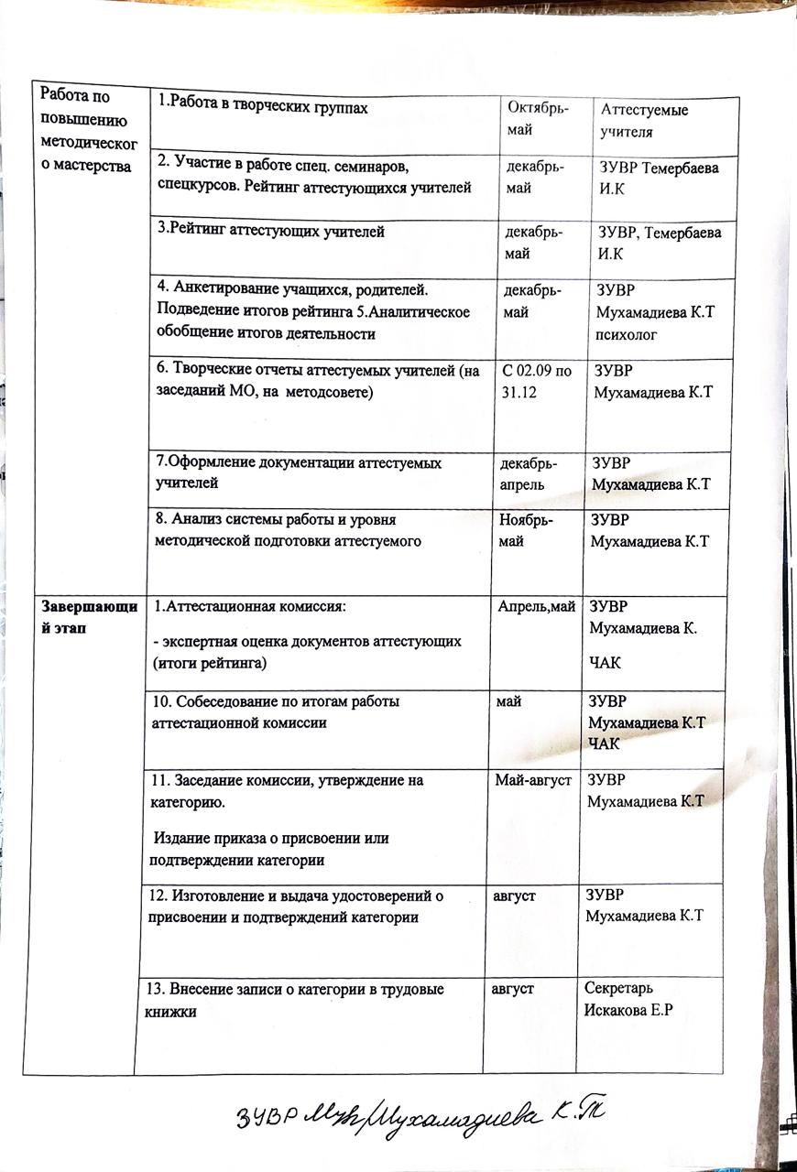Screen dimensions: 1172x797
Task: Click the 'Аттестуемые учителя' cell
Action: [x=644, y=121]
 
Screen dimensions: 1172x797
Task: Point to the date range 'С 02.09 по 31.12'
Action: [x=538, y=382]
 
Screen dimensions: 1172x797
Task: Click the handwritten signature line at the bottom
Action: [x=421, y=1115]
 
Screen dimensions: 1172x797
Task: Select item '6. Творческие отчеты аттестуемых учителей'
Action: [x=318, y=381]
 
